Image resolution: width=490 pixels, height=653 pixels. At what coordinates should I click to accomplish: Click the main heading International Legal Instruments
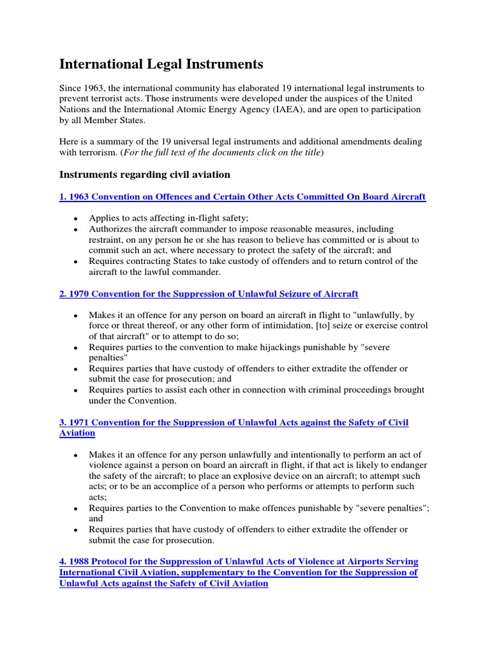click(x=161, y=64)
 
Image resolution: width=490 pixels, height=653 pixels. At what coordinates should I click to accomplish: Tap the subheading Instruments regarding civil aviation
click(x=145, y=174)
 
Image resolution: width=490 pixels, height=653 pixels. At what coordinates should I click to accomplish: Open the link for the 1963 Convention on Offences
click(x=242, y=196)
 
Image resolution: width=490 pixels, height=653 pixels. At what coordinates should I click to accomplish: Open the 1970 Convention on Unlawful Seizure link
click(x=209, y=293)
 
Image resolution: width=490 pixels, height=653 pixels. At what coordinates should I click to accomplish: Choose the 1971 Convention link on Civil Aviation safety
click(x=234, y=422)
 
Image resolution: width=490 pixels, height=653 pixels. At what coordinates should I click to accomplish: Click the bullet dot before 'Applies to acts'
click(x=75, y=219)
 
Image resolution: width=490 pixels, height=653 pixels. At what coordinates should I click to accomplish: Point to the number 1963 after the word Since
click(x=96, y=87)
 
